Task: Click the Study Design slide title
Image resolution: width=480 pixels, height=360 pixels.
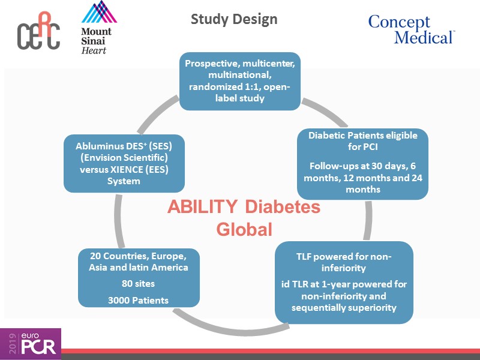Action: [234, 19]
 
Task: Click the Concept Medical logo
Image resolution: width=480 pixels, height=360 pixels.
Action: [410, 30]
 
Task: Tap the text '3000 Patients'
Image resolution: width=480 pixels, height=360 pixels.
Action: [139, 300]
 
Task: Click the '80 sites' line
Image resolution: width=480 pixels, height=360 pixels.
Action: [139, 283]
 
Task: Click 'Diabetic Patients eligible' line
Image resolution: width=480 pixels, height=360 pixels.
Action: [362, 135]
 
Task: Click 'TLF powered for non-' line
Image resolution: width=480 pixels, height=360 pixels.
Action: [344, 256]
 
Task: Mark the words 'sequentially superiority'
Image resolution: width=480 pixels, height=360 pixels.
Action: [344, 308]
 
